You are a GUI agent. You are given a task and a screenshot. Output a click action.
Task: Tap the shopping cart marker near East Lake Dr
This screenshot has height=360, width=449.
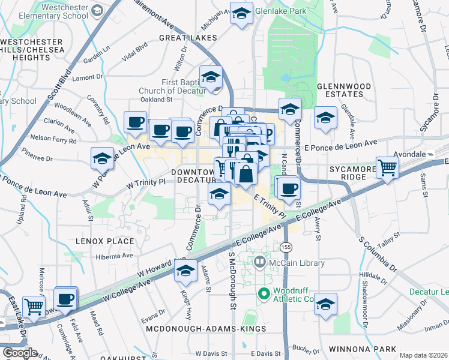click(x=34, y=306)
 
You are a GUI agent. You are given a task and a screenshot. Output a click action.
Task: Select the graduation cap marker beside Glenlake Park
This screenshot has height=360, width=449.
click(x=241, y=14)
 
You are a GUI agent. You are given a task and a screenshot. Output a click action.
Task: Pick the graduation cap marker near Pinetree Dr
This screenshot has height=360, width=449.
click(x=102, y=158)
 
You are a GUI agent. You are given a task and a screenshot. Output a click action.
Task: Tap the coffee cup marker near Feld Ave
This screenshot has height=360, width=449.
click(x=65, y=298)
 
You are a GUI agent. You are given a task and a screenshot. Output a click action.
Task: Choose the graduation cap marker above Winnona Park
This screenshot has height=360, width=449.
click(x=325, y=304)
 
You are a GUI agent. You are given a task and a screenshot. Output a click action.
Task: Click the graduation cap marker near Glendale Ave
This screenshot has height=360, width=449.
click(x=325, y=118)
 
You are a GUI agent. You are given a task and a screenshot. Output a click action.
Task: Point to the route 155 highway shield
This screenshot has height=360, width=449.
click(x=286, y=246)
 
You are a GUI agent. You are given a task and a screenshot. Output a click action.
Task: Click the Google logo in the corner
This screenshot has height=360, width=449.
click(x=20, y=353)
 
